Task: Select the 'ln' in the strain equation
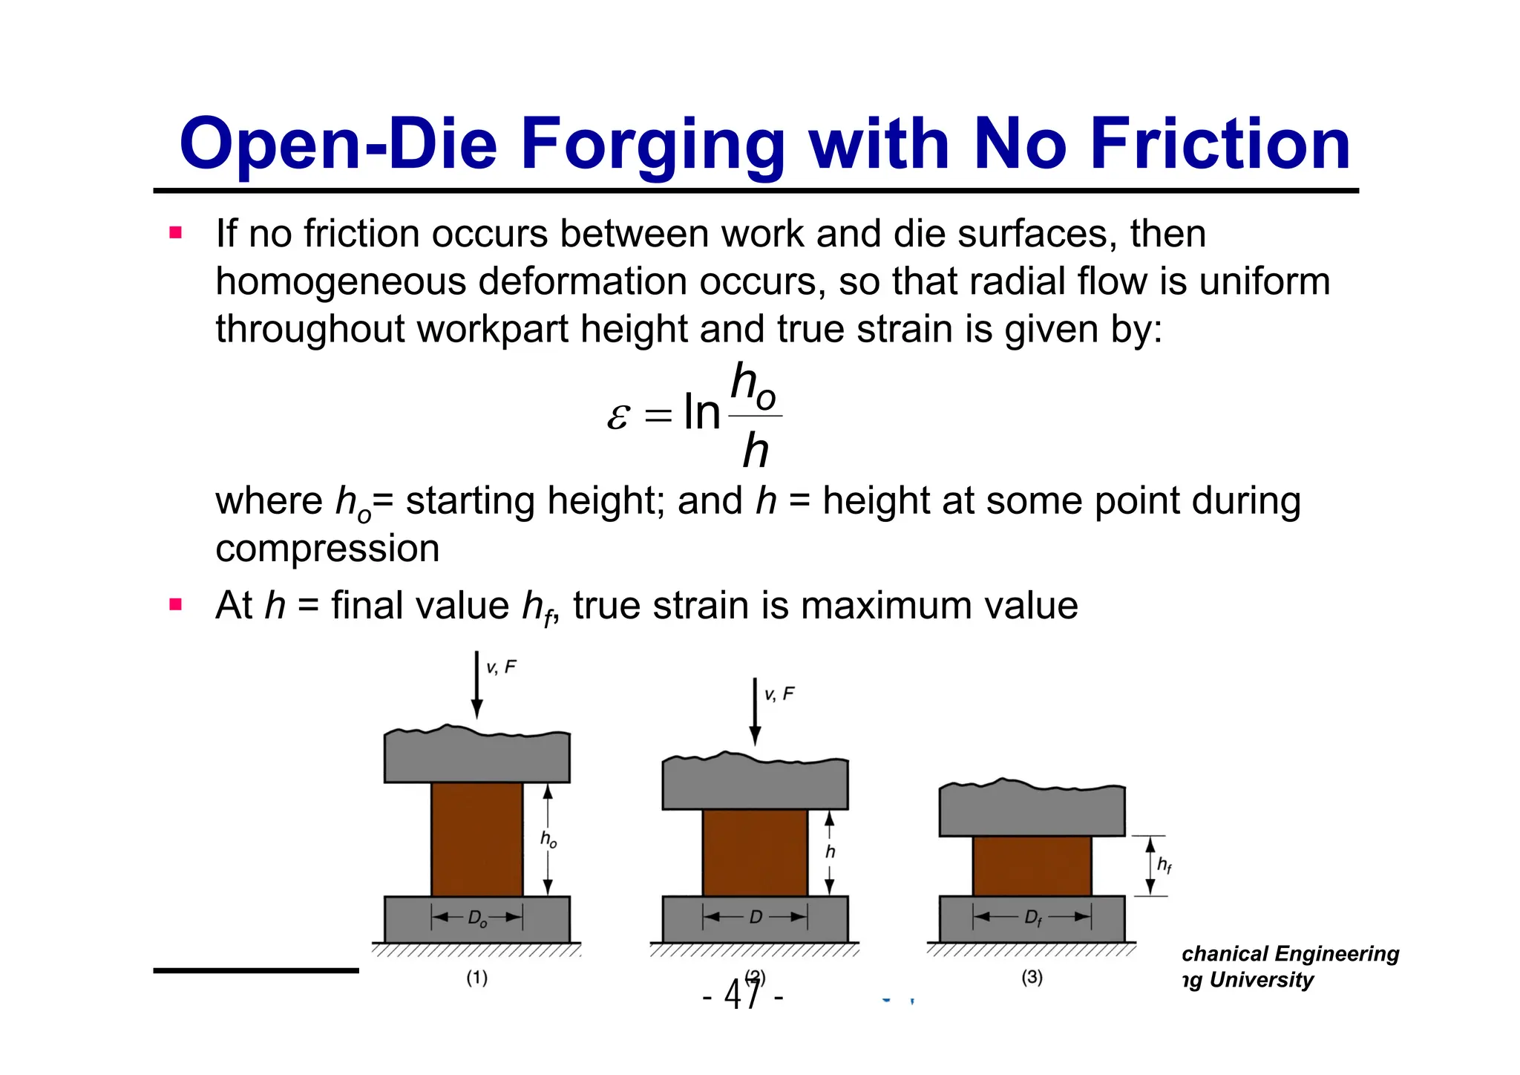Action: [701, 413]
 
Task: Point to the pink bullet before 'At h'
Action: [176, 604]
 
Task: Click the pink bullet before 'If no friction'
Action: [176, 233]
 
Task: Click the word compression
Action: [327, 549]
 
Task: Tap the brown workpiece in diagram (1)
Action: [476, 839]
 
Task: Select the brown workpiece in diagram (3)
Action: [1032, 866]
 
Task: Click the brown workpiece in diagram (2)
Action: [755, 852]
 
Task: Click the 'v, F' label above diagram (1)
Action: [501, 667]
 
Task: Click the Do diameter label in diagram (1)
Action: [477, 918]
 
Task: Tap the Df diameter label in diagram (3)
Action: [1032, 918]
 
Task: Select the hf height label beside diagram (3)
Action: [1164, 865]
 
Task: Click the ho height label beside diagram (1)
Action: [548, 839]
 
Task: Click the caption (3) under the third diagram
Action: [1032, 977]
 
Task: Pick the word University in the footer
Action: [1261, 980]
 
